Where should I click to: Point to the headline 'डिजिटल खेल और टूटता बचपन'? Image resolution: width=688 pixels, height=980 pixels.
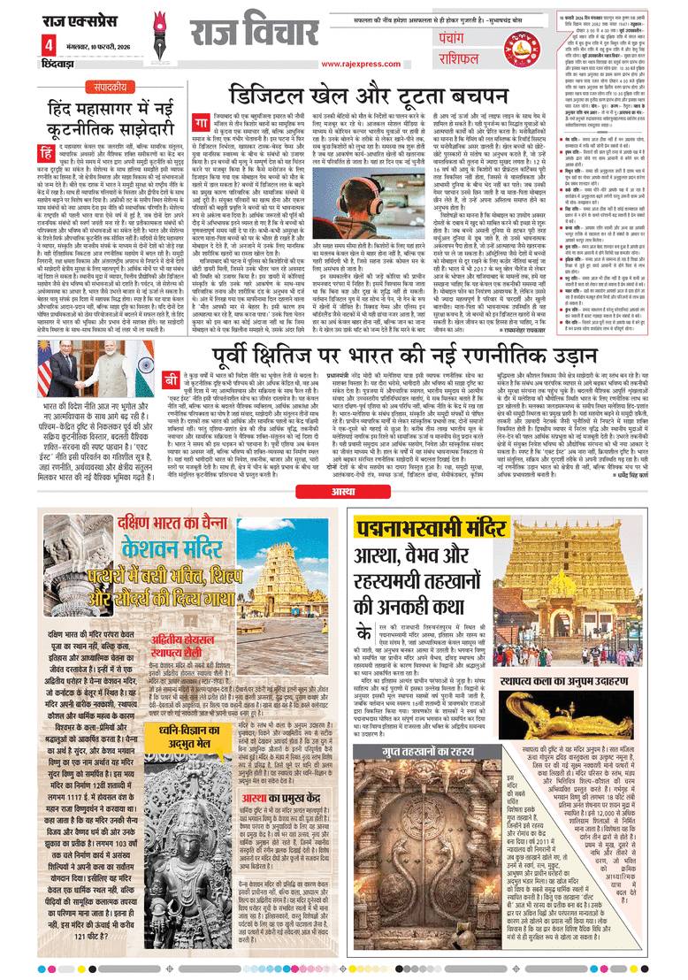pos(374,96)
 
